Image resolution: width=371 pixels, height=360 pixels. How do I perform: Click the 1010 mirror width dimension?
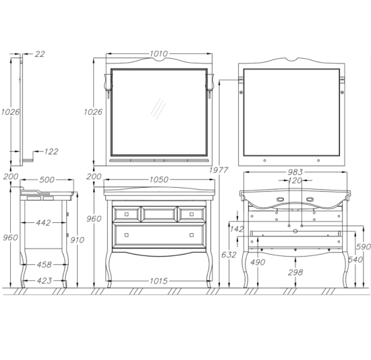coord(159,54)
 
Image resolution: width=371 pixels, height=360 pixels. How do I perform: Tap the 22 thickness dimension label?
coord(40,54)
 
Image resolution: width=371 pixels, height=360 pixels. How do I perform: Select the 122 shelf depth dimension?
coord(51,151)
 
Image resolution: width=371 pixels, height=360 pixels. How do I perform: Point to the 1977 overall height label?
coord(219,170)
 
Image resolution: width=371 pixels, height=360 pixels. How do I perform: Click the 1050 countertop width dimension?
coord(159,180)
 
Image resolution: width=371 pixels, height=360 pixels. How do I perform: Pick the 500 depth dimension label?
coord(47,180)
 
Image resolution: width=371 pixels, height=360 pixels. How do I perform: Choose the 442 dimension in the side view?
coord(43,223)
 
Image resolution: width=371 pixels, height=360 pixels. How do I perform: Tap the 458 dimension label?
coord(44,265)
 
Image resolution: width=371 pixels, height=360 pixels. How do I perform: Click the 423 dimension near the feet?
coord(45,281)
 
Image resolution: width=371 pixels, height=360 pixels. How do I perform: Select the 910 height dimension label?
coord(77,240)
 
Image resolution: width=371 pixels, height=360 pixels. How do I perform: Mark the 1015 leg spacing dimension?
coord(159,281)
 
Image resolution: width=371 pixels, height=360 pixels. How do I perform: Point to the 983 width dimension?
coord(295,172)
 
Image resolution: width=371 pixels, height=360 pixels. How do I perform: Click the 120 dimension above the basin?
coord(295,181)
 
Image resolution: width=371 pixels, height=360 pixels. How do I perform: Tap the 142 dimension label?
coord(237,229)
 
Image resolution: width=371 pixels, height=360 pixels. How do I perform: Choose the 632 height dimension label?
coord(229,255)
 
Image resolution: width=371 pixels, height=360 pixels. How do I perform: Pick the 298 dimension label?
coord(295,272)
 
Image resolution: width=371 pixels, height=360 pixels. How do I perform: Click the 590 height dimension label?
coord(364,247)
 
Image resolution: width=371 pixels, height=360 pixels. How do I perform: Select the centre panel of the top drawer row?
coord(159,214)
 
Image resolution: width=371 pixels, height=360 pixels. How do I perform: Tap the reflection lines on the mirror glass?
coord(158,109)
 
